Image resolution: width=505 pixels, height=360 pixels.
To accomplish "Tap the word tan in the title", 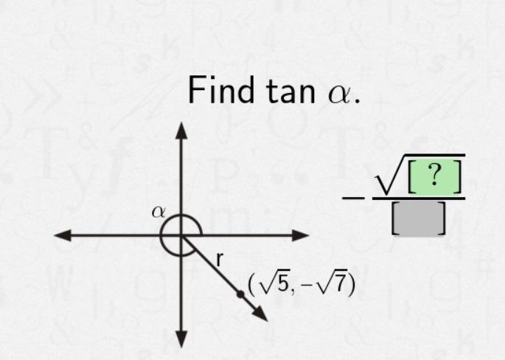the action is click(279, 91).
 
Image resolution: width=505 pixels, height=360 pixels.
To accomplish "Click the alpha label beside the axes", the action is click(159, 212).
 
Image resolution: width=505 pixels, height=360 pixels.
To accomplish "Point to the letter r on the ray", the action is click(219, 259).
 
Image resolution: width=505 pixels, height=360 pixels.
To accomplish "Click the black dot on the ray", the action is click(240, 294).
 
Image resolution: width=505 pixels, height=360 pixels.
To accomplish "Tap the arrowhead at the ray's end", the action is click(260, 314).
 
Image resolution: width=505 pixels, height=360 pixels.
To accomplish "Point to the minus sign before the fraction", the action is click(354, 198).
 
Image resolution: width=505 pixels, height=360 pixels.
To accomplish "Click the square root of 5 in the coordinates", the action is click(274, 283).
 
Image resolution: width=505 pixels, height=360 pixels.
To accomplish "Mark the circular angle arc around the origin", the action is click(166, 246).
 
